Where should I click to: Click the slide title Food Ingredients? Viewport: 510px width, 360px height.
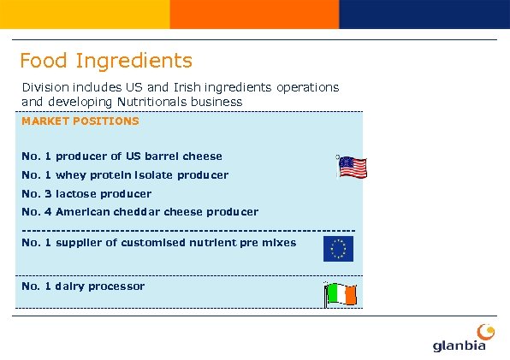(x=106, y=61)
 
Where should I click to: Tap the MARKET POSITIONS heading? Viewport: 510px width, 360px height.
(x=80, y=121)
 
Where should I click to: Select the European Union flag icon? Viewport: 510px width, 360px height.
(x=338, y=249)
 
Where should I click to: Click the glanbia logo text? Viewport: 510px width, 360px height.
(x=459, y=345)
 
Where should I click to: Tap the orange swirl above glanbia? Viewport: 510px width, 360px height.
(x=485, y=330)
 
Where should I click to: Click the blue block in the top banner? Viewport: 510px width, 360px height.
(x=424, y=14)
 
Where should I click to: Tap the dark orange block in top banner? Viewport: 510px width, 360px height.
(x=254, y=14)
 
